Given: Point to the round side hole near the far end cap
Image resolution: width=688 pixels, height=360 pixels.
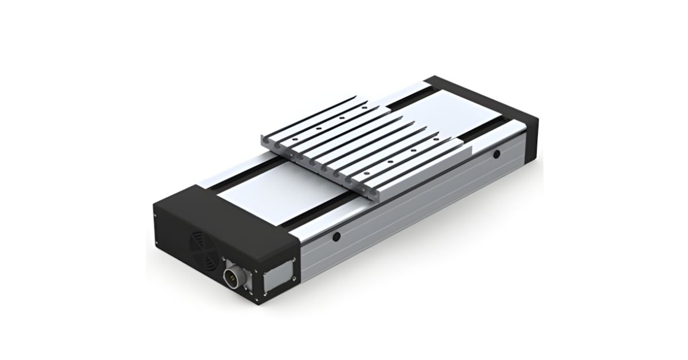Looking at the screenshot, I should tap(496, 153).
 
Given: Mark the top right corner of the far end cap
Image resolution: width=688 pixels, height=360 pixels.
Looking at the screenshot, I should tap(540, 115).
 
